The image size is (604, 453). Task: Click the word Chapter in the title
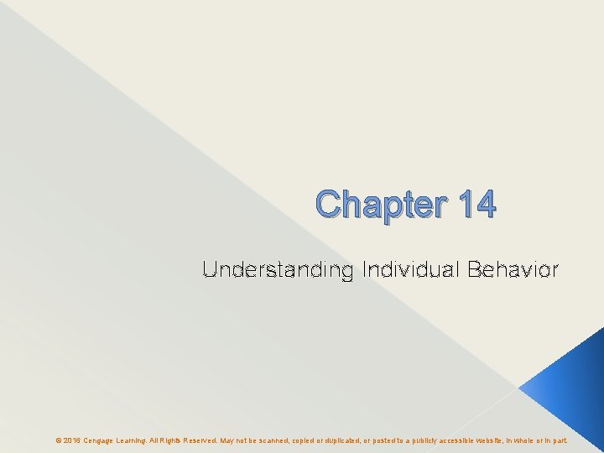click(370, 204)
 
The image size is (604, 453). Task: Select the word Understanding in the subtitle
click(278, 270)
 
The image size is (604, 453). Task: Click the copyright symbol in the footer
click(58, 440)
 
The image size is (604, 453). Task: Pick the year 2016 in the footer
click(71, 440)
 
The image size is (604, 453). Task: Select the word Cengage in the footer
click(101, 440)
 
